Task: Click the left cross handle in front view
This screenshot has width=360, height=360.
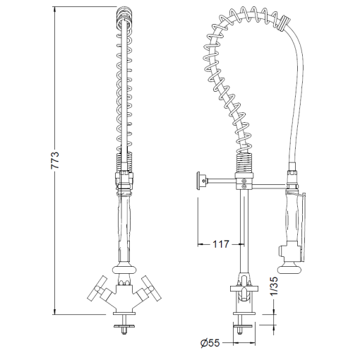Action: point(97,289)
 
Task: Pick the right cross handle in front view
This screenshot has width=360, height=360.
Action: point(150,287)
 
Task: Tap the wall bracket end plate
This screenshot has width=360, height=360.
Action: point(200,181)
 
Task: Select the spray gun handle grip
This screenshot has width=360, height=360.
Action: point(291,215)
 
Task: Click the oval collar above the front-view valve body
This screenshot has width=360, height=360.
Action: point(124,268)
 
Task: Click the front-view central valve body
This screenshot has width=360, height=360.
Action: point(124,293)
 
